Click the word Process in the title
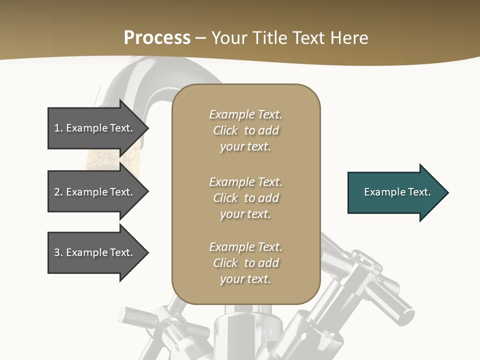click(157, 38)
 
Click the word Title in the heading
click(269, 38)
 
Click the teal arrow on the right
click(395, 192)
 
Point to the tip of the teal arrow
click(447, 192)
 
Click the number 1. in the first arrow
click(58, 128)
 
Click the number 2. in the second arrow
click(58, 192)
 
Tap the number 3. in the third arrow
click(58, 252)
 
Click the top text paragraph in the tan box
click(245, 130)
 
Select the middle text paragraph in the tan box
click(245, 198)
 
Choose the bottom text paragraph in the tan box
click(245, 263)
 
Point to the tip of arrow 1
click(147, 128)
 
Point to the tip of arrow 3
click(147, 252)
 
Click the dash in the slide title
click(200, 38)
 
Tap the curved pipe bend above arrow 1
click(150, 75)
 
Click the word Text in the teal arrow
click(419, 192)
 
